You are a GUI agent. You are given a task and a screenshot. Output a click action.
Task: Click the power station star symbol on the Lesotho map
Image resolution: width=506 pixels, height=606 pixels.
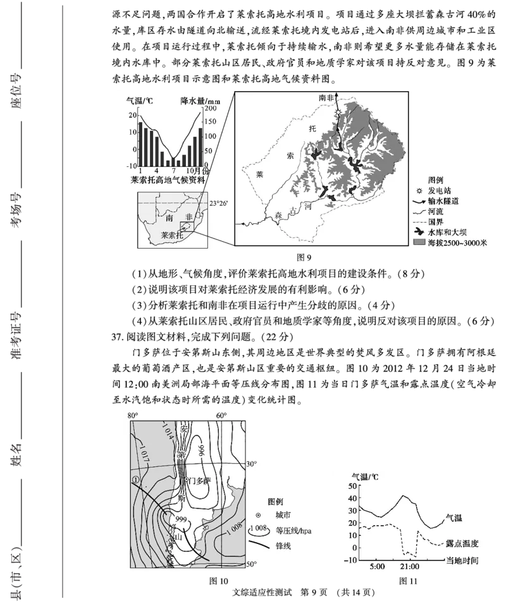(338, 111)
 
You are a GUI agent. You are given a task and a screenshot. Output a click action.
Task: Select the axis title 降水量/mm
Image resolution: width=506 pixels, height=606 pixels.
(201, 100)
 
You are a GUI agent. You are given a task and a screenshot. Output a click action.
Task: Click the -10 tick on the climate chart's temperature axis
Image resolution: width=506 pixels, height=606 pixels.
(131, 166)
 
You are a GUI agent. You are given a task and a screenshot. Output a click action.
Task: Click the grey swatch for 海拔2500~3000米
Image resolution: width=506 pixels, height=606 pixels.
(418, 242)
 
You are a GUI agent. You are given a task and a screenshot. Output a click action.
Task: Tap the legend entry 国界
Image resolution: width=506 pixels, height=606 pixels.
(443, 221)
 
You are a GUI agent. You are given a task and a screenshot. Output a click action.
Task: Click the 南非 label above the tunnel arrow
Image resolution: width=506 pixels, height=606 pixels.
(326, 97)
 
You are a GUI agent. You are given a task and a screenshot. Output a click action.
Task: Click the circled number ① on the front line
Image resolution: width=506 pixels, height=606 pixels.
(135, 480)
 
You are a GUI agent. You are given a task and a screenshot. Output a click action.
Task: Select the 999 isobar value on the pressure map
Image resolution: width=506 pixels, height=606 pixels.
(180, 519)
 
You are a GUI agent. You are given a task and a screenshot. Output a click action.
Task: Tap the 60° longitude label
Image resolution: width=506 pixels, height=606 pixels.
(221, 416)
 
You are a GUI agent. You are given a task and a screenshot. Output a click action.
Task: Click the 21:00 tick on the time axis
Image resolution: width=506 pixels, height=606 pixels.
(409, 567)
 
